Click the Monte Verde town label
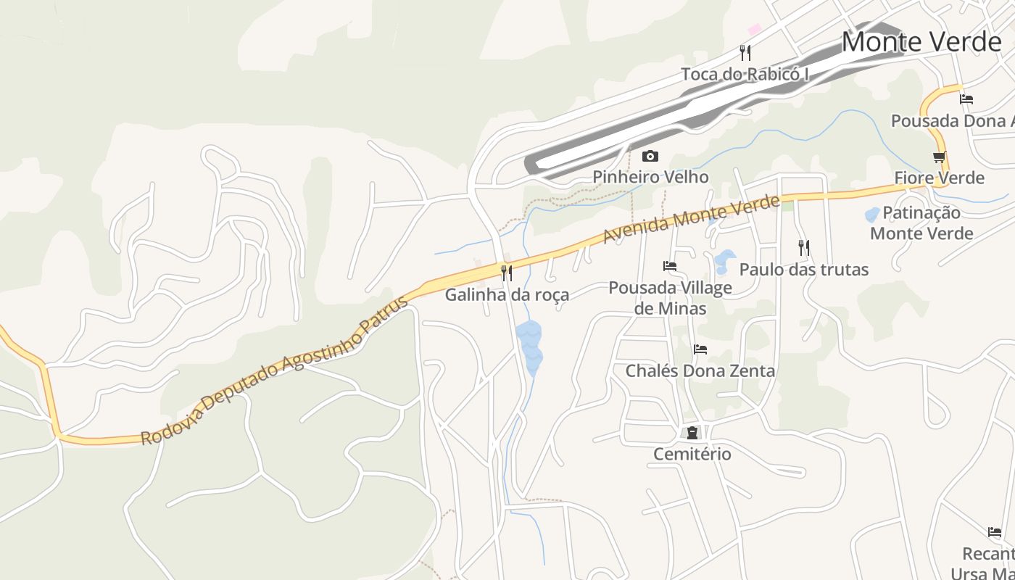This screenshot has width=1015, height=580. point(921,42)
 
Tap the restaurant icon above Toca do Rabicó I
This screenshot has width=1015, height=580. point(745,52)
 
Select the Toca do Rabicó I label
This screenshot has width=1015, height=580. point(745,74)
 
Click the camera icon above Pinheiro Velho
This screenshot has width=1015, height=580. point(650,156)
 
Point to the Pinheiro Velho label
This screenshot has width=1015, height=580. point(650,177)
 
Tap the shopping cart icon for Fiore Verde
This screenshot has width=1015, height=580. point(940,157)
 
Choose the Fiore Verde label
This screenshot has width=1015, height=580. point(939,178)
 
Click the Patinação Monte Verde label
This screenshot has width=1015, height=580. point(921,223)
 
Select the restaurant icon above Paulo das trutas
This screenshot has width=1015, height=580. point(803,248)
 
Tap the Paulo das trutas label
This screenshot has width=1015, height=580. point(803,270)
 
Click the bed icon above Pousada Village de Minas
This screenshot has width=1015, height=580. point(670,266)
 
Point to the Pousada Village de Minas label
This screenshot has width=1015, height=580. point(670,298)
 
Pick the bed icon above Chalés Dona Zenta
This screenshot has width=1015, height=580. point(700,349)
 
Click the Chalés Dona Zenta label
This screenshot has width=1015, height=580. point(700,370)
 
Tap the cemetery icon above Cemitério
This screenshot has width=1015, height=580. point(692,433)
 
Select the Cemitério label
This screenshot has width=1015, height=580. point(692,454)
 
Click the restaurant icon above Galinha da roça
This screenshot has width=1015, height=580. point(507,273)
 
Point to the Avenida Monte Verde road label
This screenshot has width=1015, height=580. point(692,218)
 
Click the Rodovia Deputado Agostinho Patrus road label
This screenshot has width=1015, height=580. point(275,370)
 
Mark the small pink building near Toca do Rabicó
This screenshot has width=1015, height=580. point(754,29)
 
